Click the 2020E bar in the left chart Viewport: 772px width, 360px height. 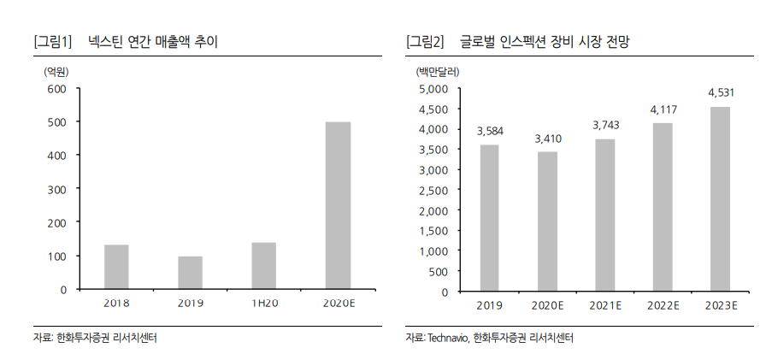click(x=338, y=205)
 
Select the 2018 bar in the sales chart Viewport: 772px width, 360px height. click(x=116, y=267)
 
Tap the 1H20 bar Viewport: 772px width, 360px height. click(x=264, y=266)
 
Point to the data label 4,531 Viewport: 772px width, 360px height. click(x=719, y=93)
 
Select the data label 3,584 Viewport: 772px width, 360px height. click(x=489, y=131)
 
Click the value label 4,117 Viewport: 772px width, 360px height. click(x=663, y=109)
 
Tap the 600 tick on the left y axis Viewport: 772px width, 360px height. click(x=56, y=89)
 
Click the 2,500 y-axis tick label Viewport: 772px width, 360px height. click(x=433, y=191)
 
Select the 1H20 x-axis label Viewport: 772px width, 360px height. click(x=264, y=304)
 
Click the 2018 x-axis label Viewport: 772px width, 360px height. click(x=116, y=304)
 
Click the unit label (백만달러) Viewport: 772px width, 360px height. click(x=436, y=71)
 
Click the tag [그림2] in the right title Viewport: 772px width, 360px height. click(x=425, y=41)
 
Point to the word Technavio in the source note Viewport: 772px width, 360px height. click(x=447, y=339)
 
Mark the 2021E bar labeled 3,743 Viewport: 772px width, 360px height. click(x=604, y=215)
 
